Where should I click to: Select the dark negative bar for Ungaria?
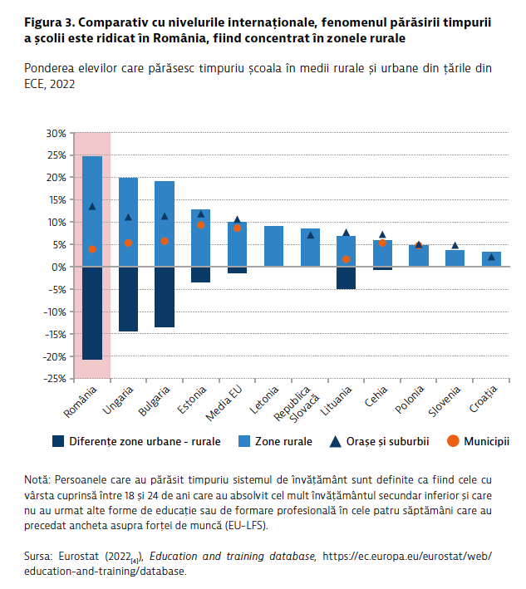click(x=129, y=299)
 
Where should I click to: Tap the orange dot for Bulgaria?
click(x=165, y=241)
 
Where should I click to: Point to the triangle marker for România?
click(x=92, y=206)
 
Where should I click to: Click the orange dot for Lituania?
click(x=346, y=259)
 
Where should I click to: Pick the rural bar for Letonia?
click(x=273, y=246)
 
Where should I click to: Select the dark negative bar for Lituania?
click(x=346, y=277)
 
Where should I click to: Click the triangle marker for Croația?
click(x=491, y=257)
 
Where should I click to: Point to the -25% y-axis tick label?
click(x=55, y=379)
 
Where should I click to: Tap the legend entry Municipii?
click(x=486, y=441)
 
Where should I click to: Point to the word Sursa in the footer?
click(x=40, y=557)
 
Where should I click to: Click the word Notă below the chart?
click(x=38, y=480)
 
